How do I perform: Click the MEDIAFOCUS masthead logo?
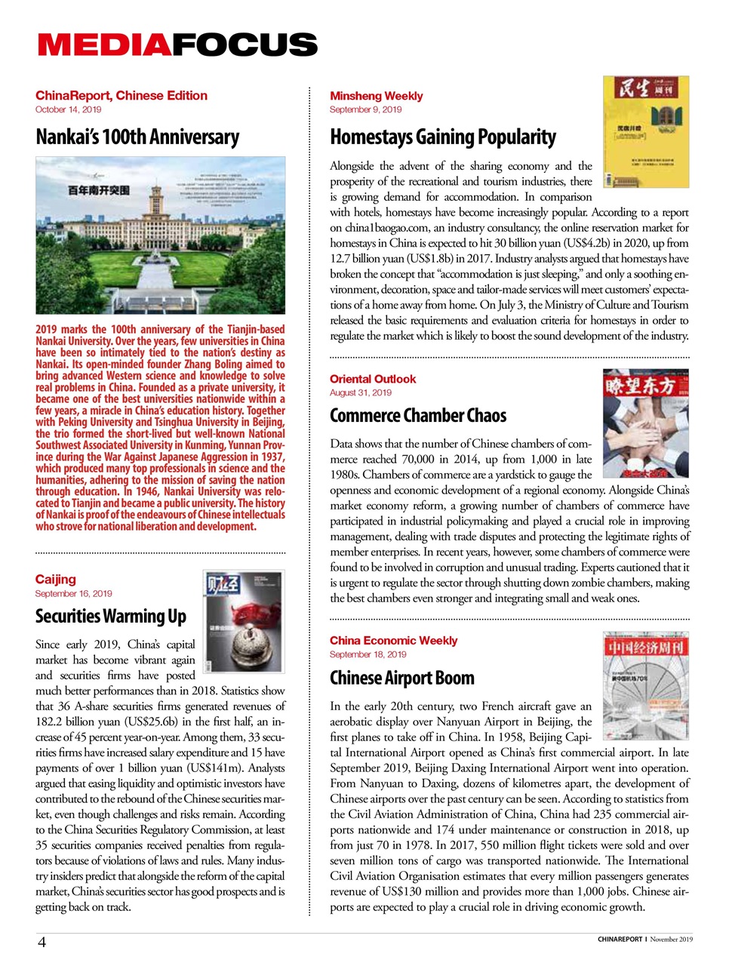point(177,45)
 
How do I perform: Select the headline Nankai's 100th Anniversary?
point(137,137)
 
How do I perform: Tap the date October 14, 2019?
point(68,109)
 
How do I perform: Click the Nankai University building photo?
point(160,235)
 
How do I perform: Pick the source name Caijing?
point(56,579)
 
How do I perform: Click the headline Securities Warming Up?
point(111,617)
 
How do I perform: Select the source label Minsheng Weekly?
point(376,96)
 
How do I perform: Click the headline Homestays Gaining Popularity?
point(443,137)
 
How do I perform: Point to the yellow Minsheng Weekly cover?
point(645,131)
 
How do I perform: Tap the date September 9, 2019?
point(365,109)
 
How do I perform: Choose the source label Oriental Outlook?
point(373,379)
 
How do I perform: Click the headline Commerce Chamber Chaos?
point(418,416)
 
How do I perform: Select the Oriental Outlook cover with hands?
point(645,423)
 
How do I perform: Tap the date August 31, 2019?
point(360,392)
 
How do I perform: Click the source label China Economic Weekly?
point(393,641)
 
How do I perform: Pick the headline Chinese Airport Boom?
point(402,678)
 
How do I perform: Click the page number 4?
point(42,941)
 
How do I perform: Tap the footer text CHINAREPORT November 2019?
point(644,940)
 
